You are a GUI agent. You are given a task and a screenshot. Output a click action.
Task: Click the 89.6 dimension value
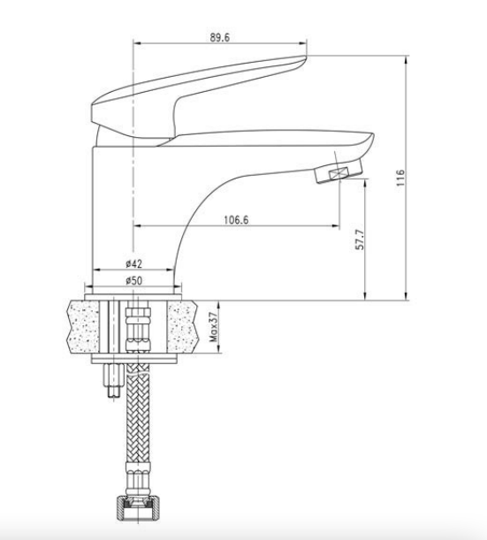pyautogui.click(x=220, y=37)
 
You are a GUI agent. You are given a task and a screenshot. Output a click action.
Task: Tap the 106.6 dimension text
pyautogui.click(x=236, y=220)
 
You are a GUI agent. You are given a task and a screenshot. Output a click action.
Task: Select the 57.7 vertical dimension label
pyautogui.click(x=360, y=240)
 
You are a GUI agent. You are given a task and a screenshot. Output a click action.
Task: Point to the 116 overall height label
pyautogui.click(x=400, y=178)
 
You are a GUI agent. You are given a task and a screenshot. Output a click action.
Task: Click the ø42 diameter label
pyautogui.click(x=134, y=264)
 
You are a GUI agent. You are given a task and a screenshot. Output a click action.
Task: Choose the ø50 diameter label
pyautogui.click(x=134, y=281)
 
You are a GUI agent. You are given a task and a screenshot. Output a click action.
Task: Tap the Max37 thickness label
pyautogui.click(x=214, y=327)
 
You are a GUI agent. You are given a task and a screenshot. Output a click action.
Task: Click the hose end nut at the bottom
pyautogui.click(x=138, y=506)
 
